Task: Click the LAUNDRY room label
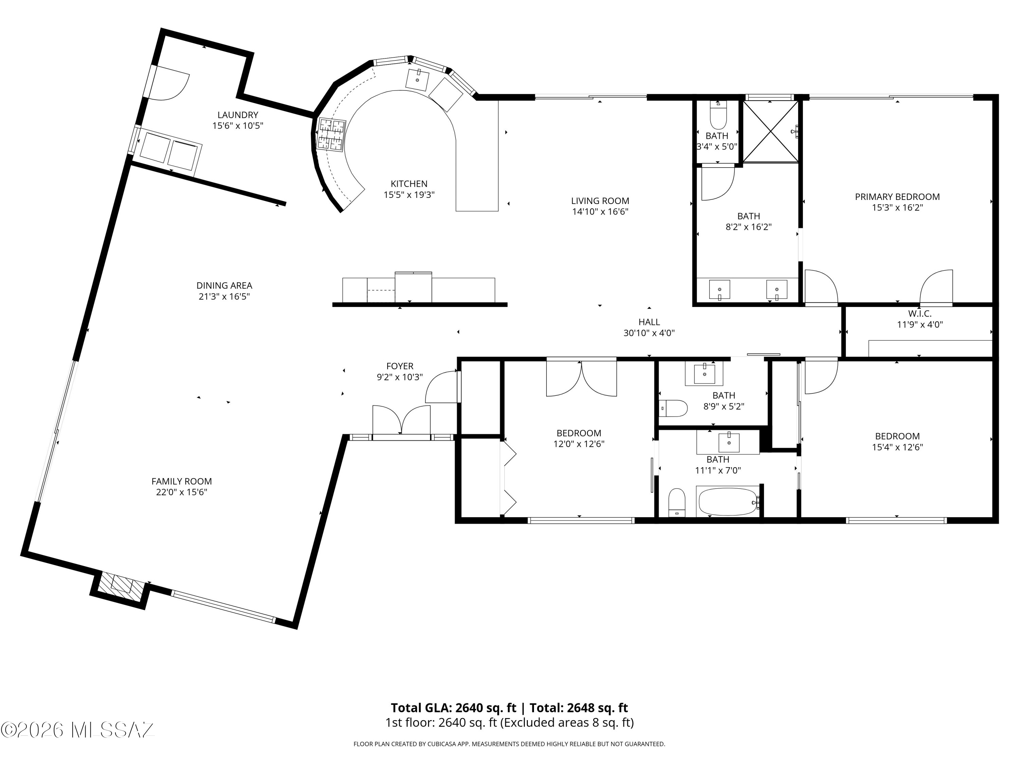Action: click(238, 115)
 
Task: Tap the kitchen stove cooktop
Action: click(331, 134)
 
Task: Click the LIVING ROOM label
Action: click(600, 201)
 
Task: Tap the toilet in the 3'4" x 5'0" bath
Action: click(718, 115)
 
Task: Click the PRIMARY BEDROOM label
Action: click(897, 197)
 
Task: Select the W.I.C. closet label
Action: click(919, 313)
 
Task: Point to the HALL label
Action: click(649, 322)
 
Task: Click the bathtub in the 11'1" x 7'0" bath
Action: click(728, 502)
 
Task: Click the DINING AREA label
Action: click(224, 286)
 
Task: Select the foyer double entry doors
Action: click(401, 420)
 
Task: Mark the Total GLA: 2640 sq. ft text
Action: click(453, 708)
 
